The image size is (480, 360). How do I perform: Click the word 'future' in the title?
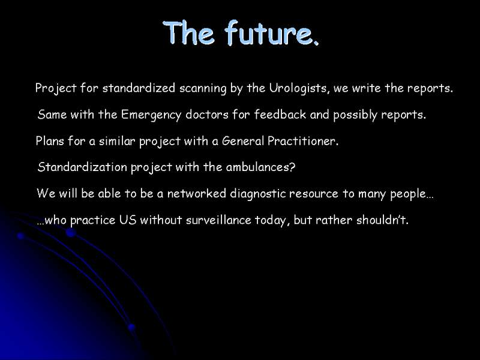(x=271, y=33)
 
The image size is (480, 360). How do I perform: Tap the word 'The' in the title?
(x=188, y=33)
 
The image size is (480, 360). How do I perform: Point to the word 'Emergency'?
(x=151, y=115)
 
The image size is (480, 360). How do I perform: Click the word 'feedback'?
(x=280, y=114)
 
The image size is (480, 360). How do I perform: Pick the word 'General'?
(x=243, y=141)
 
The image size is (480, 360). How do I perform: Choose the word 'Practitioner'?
(x=303, y=141)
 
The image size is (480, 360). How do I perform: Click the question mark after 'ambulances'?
(x=292, y=167)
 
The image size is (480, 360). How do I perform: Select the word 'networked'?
(x=197, y=193)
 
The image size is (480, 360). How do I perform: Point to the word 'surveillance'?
(x=218, y=220)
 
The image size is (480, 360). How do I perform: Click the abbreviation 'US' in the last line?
(x=128, y=220)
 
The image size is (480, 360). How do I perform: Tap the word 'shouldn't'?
(x=382, y=220)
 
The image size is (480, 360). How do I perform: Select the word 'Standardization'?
(x=82, y=167)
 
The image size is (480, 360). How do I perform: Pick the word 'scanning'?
(x=203, y=89)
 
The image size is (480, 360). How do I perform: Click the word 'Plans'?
(x=50, y=141)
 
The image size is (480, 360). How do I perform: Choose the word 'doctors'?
(x=207, y=114)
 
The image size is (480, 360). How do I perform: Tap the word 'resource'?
(x=313, y=194)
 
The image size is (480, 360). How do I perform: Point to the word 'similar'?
(x=117, y=141)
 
